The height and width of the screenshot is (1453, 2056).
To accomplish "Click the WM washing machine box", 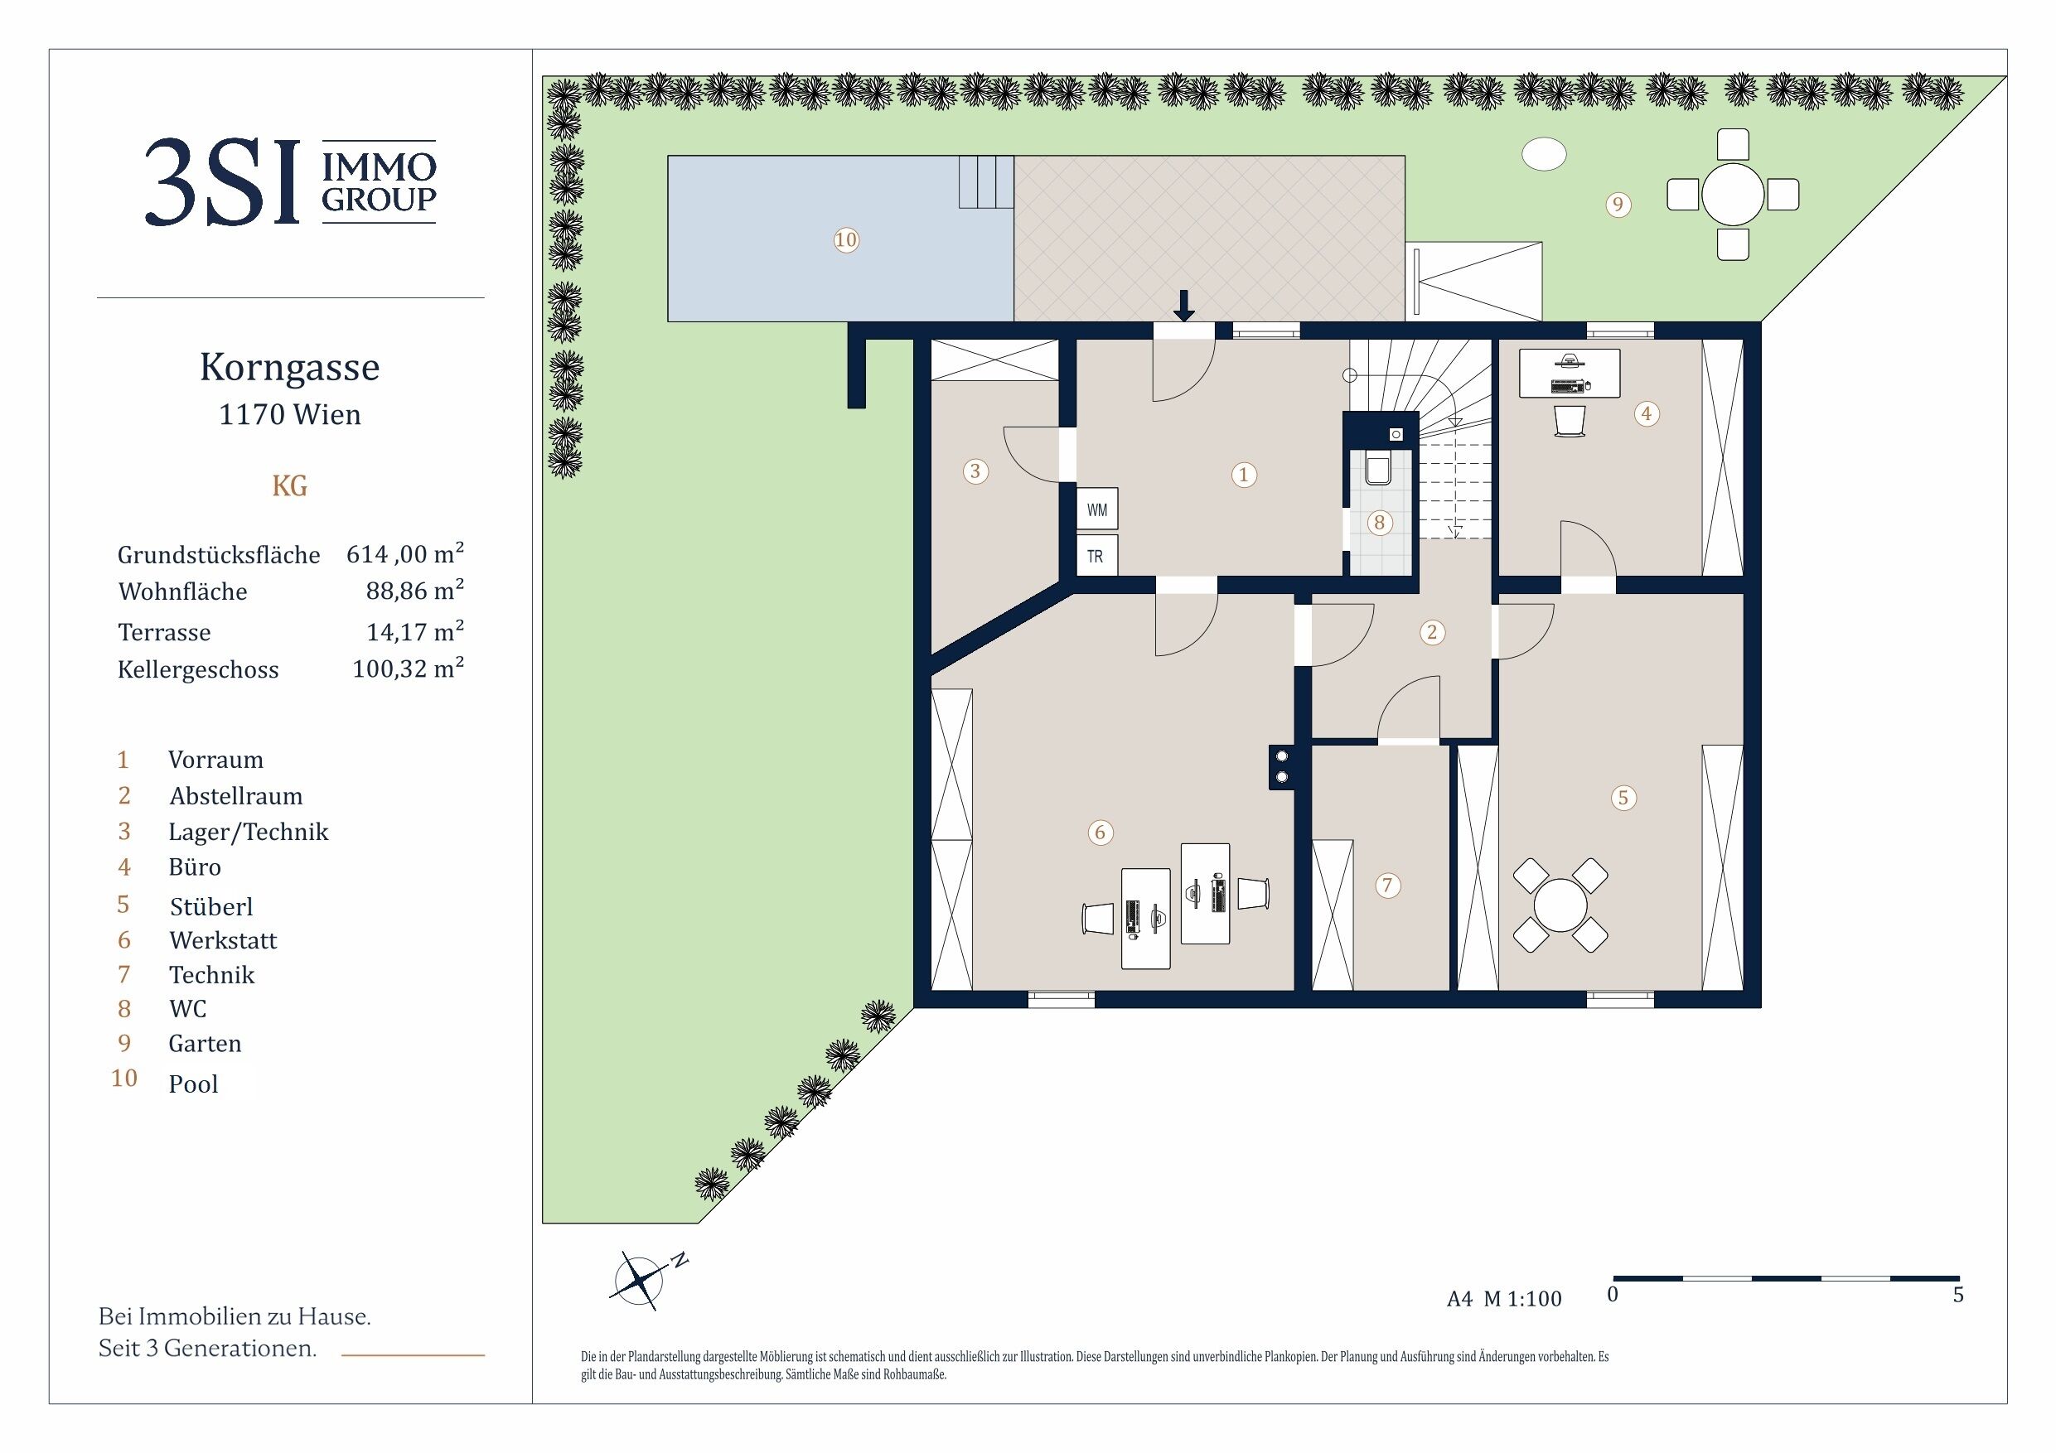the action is tap(1097, 509).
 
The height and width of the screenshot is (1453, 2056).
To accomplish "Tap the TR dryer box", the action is tap(1097, 555).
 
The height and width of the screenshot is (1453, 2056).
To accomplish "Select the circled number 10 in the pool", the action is tap(846, 240).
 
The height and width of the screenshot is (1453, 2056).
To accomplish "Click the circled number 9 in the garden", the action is tap(1618, 205).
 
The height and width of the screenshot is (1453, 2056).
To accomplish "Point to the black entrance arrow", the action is tap(1184, 306).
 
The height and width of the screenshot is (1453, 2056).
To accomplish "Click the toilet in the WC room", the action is tap(1378, 468).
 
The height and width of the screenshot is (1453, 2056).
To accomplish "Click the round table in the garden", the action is tap(1733, 195).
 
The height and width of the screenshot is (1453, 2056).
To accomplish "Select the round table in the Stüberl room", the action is tap(1560, 905).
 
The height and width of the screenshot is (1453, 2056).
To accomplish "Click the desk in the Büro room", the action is tap(1570, 374).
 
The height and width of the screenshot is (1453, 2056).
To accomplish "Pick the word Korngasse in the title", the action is tap(289, 367).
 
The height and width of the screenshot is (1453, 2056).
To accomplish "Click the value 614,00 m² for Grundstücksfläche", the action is tap(404, 553).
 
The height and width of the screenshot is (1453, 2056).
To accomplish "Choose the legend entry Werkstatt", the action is tap(223, 940).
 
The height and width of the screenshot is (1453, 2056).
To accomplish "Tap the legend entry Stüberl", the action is tap(211, 906).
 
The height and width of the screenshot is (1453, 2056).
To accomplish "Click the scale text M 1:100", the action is tap(1522, 1298).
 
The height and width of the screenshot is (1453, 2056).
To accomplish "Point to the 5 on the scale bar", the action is tap(1957, 1295).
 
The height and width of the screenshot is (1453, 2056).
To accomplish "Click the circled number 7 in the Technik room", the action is tap(1387, 886).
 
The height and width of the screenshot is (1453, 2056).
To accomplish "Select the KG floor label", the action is tap(289, 486).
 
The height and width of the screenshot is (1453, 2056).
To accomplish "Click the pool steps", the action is tap(987, 181).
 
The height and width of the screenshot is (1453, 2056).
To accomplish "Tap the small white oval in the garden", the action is tap(1544, 154).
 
